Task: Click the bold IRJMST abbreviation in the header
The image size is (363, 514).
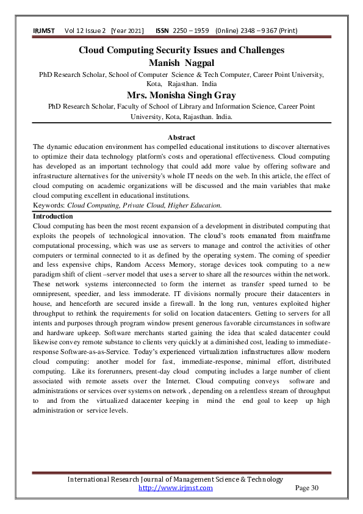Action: click(x=45, y=31)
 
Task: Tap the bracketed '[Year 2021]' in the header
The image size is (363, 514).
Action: click(x=127, y=31)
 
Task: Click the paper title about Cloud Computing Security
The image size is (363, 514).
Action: click(x=181, y=50)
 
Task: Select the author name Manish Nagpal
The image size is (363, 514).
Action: click(x=181, y=62)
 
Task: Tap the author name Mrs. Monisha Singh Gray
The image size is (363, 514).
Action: click(x=181, y=95)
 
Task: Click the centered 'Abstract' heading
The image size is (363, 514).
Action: click(x=181, y=138)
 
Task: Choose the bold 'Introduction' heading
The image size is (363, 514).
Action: click(x=52, y=217)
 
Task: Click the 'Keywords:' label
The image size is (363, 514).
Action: click(x=49, y=206)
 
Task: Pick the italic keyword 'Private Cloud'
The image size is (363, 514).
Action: click(x=140, y=206)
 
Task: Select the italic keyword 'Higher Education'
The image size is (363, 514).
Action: click(x=195, y=206)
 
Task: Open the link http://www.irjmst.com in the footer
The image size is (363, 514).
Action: click(x=176, y=488)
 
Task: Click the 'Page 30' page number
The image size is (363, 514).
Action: click(x=307, y=488)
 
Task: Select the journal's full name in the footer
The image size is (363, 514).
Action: click(x=174, y=479)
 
